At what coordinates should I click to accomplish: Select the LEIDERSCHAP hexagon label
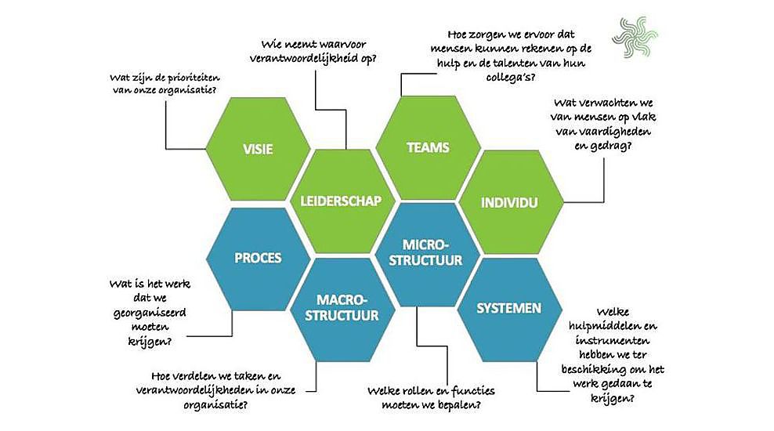click(341, 201)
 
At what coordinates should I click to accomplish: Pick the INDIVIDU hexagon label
click(509, 203)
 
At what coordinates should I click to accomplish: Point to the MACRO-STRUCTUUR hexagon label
click(342, 308)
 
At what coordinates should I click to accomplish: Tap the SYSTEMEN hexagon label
click(509, 308)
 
